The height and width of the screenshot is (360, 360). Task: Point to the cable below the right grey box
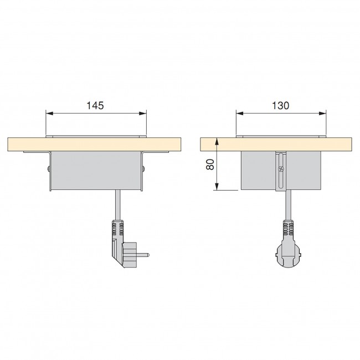click(286, 205)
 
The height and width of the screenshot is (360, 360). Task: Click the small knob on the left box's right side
click(143, 168)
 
